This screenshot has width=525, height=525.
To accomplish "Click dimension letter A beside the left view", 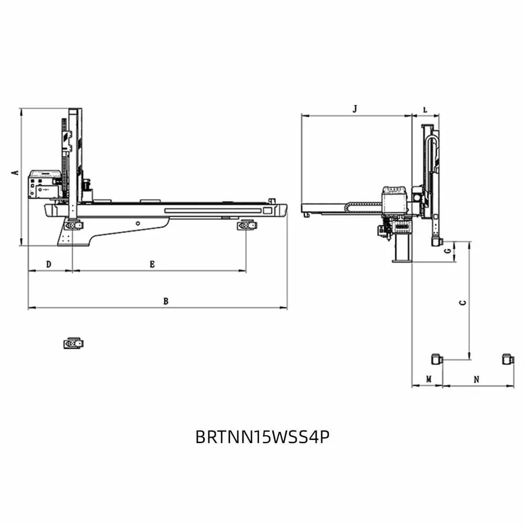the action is [15, 172].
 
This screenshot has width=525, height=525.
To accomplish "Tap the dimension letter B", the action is [166, 301].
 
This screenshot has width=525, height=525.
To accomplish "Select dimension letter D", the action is [48, 265].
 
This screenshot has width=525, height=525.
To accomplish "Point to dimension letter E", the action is [152, 265].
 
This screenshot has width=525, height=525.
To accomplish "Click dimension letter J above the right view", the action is [355, 109].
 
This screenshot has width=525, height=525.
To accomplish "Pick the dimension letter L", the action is [425, 110].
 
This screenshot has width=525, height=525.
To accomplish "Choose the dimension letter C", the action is [463, 303].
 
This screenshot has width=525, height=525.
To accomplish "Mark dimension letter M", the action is [428, 380].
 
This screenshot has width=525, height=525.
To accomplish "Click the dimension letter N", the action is [477, 380].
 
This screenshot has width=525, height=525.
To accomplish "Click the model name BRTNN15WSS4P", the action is [262, 437].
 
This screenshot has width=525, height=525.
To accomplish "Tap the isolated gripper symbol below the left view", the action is [73, 343].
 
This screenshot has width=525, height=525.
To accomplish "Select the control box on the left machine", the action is [45, 184].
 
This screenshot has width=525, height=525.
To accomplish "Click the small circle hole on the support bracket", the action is [138, 223].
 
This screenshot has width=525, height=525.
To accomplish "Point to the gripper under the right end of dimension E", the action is [247, 225].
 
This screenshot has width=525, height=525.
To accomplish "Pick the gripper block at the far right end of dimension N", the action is [508, 359].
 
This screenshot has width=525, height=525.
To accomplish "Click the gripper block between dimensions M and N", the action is [437, 359].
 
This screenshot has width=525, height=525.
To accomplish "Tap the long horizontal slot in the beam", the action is [213, 211].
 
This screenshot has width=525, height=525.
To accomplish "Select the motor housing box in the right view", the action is [394, 200].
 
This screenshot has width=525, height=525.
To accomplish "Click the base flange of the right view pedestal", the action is [402, 260].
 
